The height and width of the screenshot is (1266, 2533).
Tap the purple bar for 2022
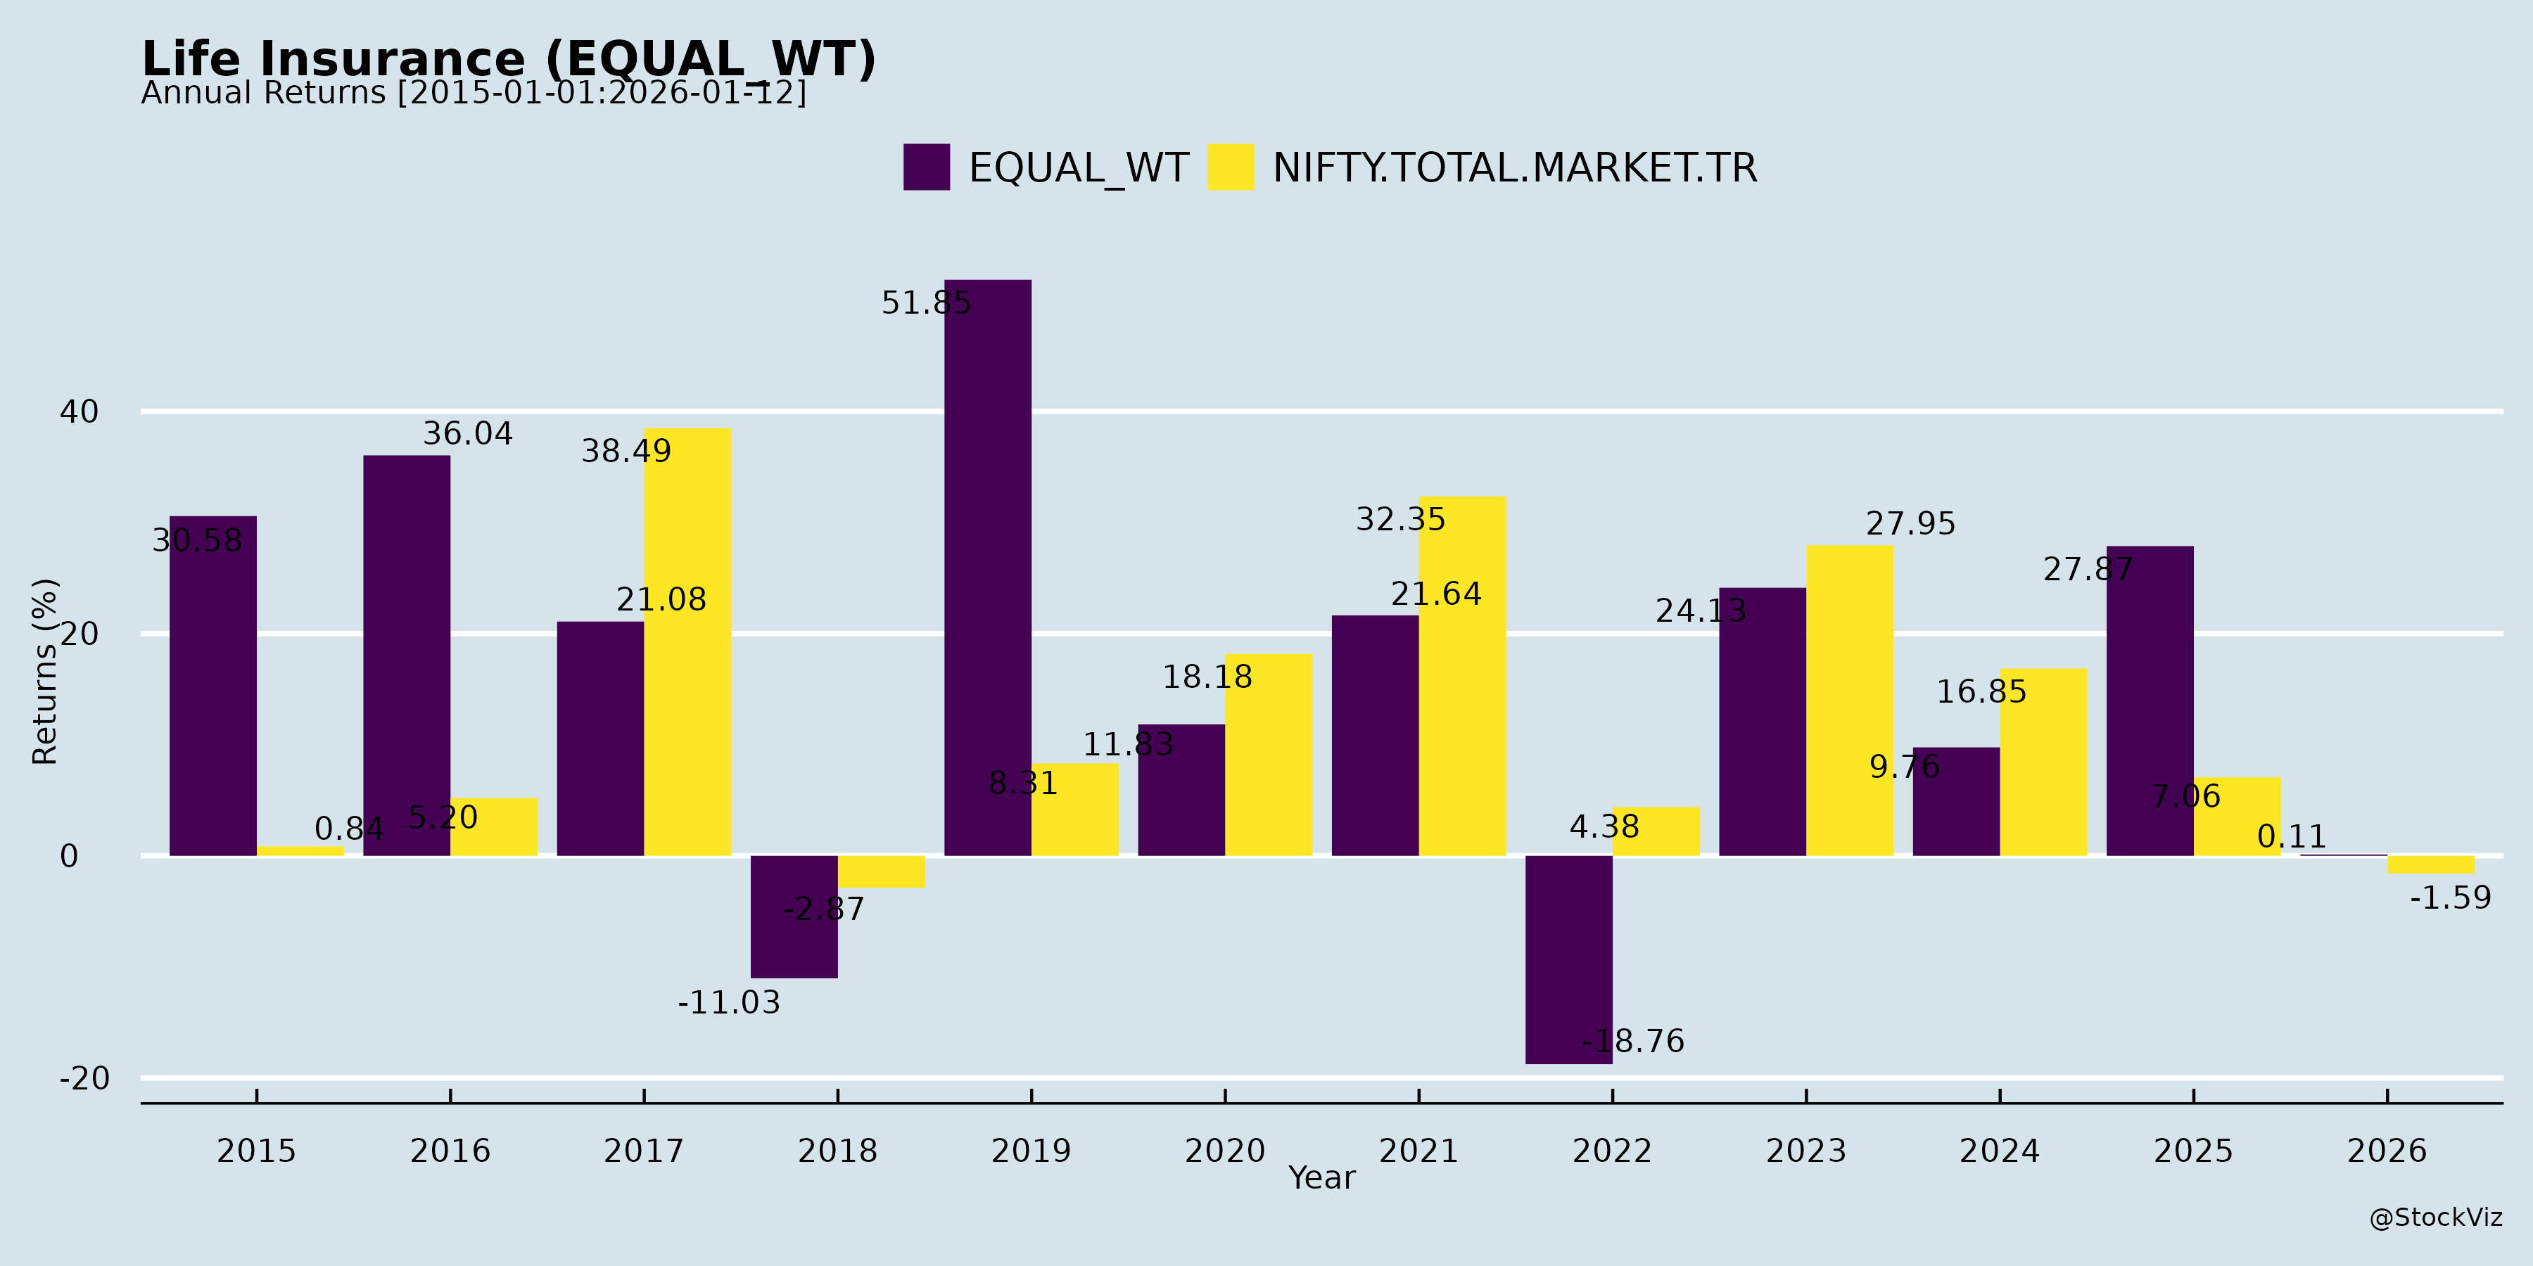(1568, 959)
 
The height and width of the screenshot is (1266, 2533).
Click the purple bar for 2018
(794, 916)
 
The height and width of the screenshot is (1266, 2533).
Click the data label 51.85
(925, 302)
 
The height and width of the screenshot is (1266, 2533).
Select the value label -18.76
(1632, 1041)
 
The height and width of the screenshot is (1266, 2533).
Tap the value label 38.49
(626, 451)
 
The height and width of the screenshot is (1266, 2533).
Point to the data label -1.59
(2451, 897)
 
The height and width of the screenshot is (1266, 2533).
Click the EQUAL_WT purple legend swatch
(926, 167)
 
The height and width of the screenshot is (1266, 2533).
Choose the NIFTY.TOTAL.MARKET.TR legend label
(1514, 168)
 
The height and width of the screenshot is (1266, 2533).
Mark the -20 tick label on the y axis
(84, 1078)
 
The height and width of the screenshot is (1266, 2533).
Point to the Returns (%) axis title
(45, 672)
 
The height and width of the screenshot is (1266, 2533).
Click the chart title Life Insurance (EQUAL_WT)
(509, 59)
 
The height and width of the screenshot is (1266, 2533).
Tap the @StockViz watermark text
(2436, 1218)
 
